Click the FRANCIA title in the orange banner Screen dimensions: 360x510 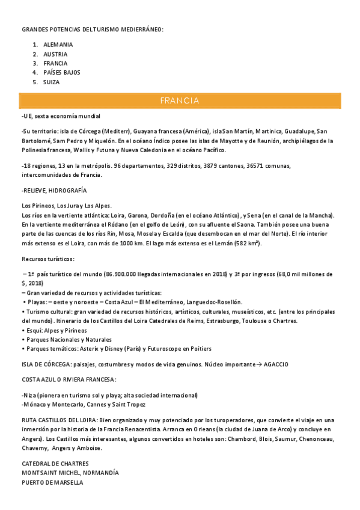180,100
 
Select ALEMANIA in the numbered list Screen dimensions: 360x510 58,45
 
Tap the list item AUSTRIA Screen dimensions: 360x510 55,54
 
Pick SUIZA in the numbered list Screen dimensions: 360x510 52,82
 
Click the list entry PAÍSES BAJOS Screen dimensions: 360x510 62,72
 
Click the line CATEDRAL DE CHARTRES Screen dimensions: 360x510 55,464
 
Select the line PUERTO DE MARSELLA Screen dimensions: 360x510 52,482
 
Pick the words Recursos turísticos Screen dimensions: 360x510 47,259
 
